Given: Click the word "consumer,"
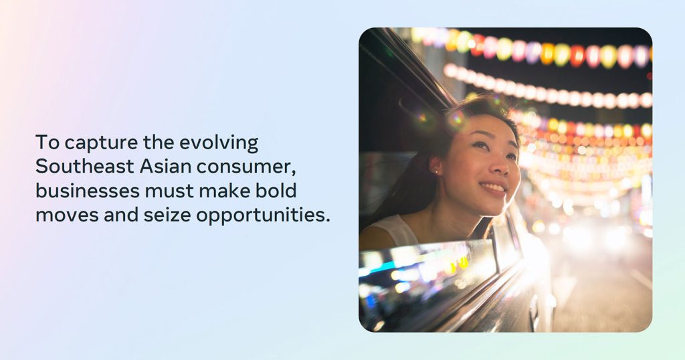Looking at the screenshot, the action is pyautogui.click(x=246, y=168).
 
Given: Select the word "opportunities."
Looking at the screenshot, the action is pyautogui.click(x=263, y=215).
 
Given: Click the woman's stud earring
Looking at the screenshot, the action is pyautogui.click(x=436, y=172).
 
